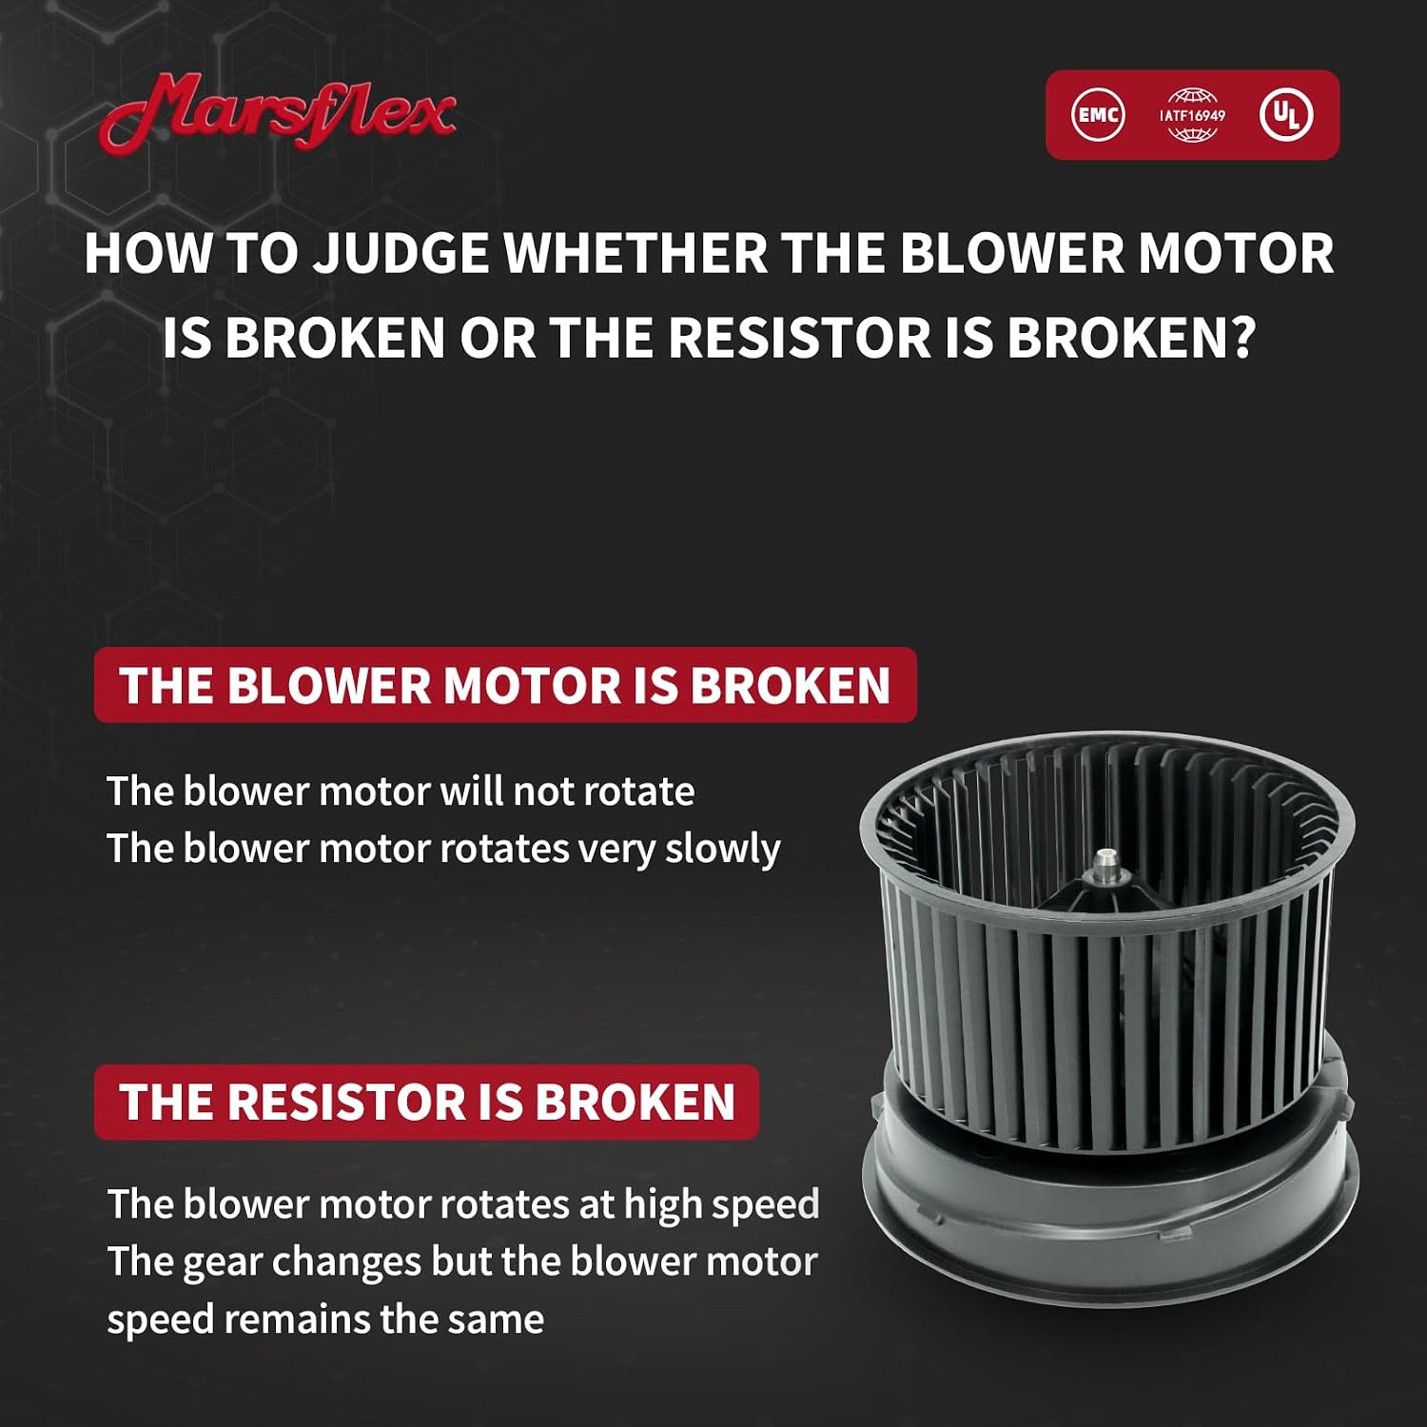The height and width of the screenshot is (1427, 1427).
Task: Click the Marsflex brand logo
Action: [278, 112]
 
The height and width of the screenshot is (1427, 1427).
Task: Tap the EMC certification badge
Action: [1098, 115]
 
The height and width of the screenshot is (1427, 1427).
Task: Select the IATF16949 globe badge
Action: [1192, 115]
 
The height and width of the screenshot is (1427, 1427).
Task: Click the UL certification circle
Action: [1286, 115]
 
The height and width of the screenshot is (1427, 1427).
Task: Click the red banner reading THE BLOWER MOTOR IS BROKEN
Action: [505, 685]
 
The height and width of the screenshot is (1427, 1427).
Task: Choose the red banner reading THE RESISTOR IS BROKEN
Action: [426, 1102]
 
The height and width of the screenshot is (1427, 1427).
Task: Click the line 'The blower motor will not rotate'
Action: [401, 792]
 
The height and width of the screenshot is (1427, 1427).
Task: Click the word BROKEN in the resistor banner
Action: [635, 1103]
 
